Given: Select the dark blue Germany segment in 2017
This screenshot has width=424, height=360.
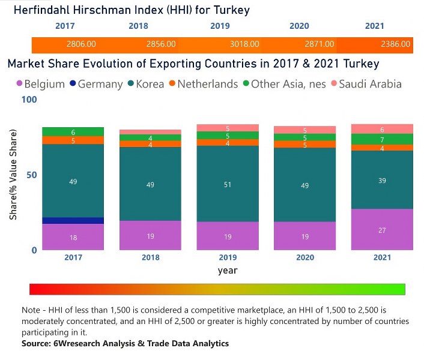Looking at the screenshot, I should (x=73, y=221).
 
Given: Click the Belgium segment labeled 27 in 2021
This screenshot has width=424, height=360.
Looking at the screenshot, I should (x=383, y=230).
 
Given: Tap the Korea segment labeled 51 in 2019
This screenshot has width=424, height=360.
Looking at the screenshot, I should (x=228, y=184).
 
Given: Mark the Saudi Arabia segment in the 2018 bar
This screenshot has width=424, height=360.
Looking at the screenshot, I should (x=150, y=132).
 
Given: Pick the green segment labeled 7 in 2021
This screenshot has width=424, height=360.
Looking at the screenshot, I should (x=383, y=139).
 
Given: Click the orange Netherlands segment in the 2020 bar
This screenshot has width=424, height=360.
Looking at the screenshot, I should (x=305, y=145).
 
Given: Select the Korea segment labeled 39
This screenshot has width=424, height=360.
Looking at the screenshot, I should (x=383, y=180).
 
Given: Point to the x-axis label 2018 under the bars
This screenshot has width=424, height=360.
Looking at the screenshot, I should (x=150, y=257).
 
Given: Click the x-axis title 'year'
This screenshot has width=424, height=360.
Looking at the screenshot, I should (x=228, y=271).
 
